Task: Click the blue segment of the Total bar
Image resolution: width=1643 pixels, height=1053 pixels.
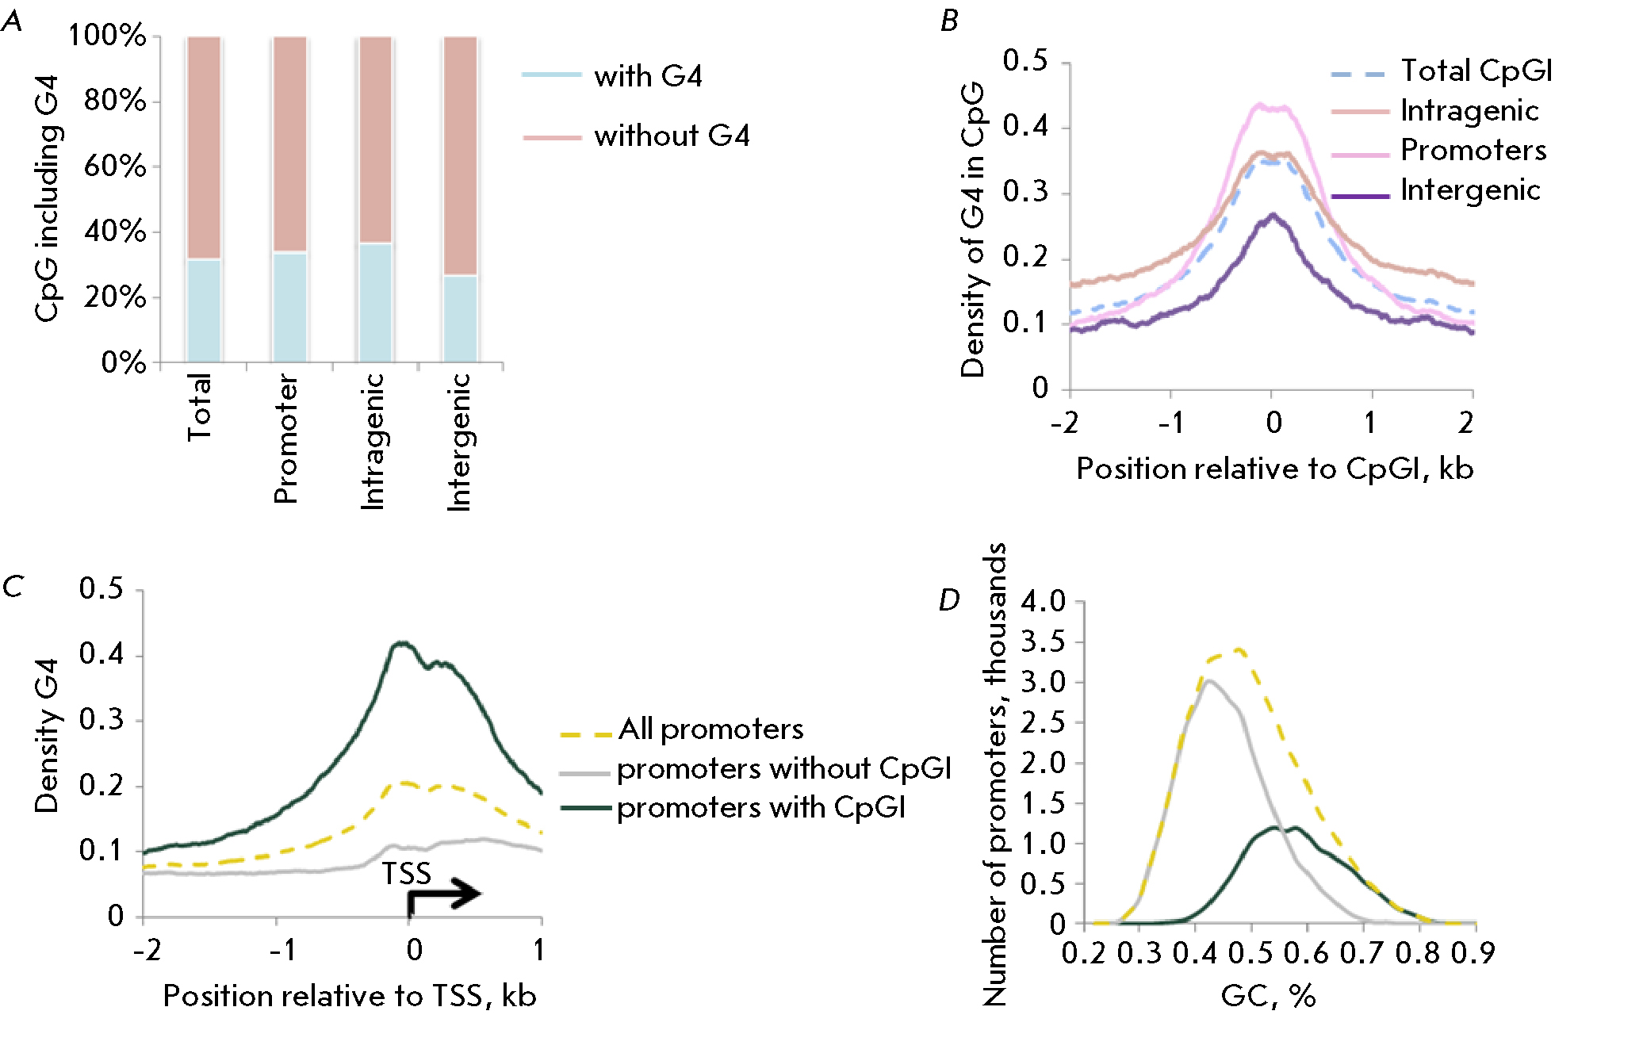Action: point(204,311)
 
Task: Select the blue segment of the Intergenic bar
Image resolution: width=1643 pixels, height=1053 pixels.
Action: point(460,319)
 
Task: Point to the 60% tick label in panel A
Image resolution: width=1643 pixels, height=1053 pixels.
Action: point(116,167)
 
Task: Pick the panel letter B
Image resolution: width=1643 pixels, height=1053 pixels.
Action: point(949,21)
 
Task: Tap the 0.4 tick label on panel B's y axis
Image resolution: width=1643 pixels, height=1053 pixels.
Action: point(1024,125)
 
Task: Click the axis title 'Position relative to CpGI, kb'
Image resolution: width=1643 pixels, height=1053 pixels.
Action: point(1274,469)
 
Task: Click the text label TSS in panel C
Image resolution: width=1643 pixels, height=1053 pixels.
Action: point(407,874)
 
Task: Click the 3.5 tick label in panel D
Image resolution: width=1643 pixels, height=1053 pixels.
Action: point(1043,641)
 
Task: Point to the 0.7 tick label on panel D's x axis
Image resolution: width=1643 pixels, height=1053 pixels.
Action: point(1362,953)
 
